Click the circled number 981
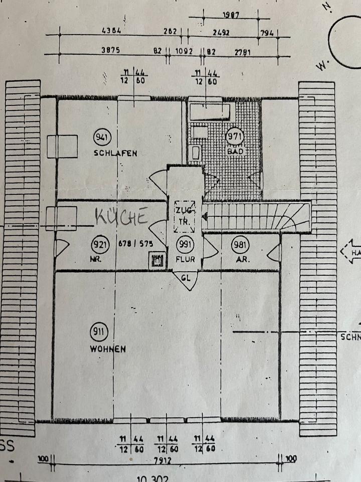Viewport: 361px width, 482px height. [240, 245]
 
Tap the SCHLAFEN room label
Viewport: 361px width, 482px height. [115, 153]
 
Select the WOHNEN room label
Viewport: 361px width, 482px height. [108, 348]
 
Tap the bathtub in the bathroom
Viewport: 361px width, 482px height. [210, 112]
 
